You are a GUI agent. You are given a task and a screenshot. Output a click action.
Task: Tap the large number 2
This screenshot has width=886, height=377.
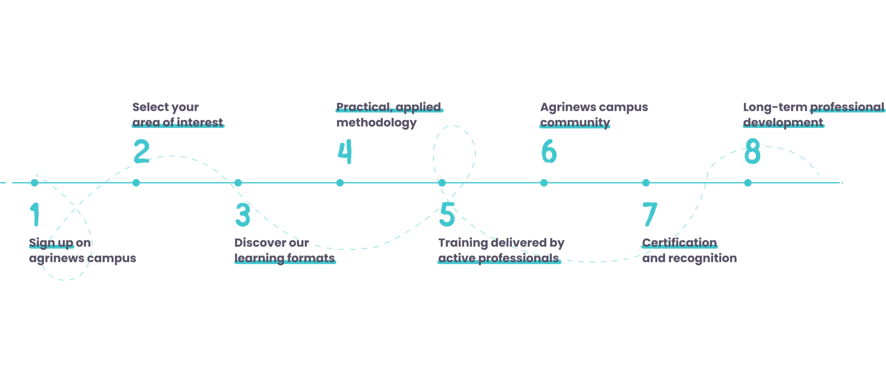click(x=141, y=151)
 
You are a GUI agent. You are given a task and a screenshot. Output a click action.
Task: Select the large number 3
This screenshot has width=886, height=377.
click(x=243, y=214)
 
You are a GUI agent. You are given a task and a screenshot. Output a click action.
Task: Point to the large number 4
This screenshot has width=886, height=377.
click(x=345, y=151)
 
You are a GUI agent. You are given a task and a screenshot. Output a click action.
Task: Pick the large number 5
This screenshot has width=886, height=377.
click(x=447, y=214)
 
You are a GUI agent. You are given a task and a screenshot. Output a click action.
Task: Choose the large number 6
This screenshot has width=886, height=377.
click(x=549, y=151)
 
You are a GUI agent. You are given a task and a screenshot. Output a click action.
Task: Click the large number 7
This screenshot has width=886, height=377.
click(x=650, y=214)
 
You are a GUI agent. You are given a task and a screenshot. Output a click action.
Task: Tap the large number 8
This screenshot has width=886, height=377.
click(x=752, y=151)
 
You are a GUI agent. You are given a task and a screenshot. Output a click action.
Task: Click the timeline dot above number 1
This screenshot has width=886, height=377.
click(x=35, y=183)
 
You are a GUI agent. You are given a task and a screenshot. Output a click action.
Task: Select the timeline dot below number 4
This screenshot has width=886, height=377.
click(x=340, y=183)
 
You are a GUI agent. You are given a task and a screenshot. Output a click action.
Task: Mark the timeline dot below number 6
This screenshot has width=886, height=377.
click(x=544, y=183)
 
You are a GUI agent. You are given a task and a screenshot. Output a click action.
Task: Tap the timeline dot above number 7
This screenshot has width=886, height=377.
click(x=646, y=183)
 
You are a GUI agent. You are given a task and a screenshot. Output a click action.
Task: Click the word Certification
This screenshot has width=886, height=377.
click(x=679, y=243)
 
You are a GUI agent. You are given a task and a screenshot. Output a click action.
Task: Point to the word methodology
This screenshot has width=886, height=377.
click(x=376, y=123)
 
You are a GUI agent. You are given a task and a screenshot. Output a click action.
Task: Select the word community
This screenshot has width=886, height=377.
click(x=575, y=122)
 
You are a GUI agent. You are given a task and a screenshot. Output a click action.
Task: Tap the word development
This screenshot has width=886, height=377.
click(x=783, y=122)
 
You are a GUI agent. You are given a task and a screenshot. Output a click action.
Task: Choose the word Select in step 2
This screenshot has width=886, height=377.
click(x=148, y=107)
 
